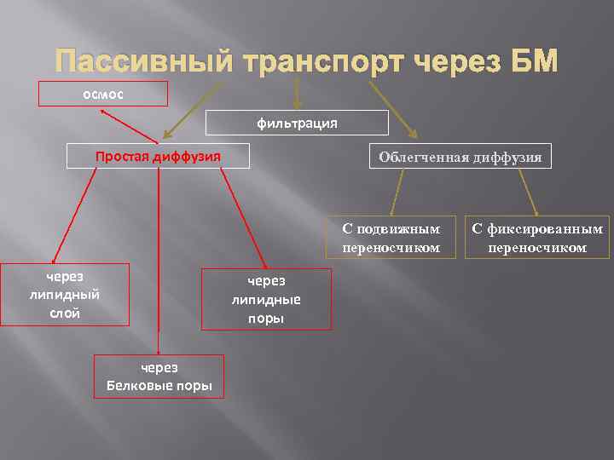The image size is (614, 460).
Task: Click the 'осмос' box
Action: tap(103, 93)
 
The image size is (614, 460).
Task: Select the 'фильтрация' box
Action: tap(298, 124)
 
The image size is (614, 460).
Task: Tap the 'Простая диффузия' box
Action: tap(159, 156)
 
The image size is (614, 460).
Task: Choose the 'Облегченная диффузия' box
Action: tap(460, 157)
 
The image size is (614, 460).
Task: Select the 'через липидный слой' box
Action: tap(65, 295)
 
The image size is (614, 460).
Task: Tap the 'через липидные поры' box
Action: tap(266, 300)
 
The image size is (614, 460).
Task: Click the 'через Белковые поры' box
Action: tap(159, 377)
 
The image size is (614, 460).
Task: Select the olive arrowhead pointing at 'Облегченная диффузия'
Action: tap(414, 133)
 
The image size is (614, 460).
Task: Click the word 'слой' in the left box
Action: tap(65, 313)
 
